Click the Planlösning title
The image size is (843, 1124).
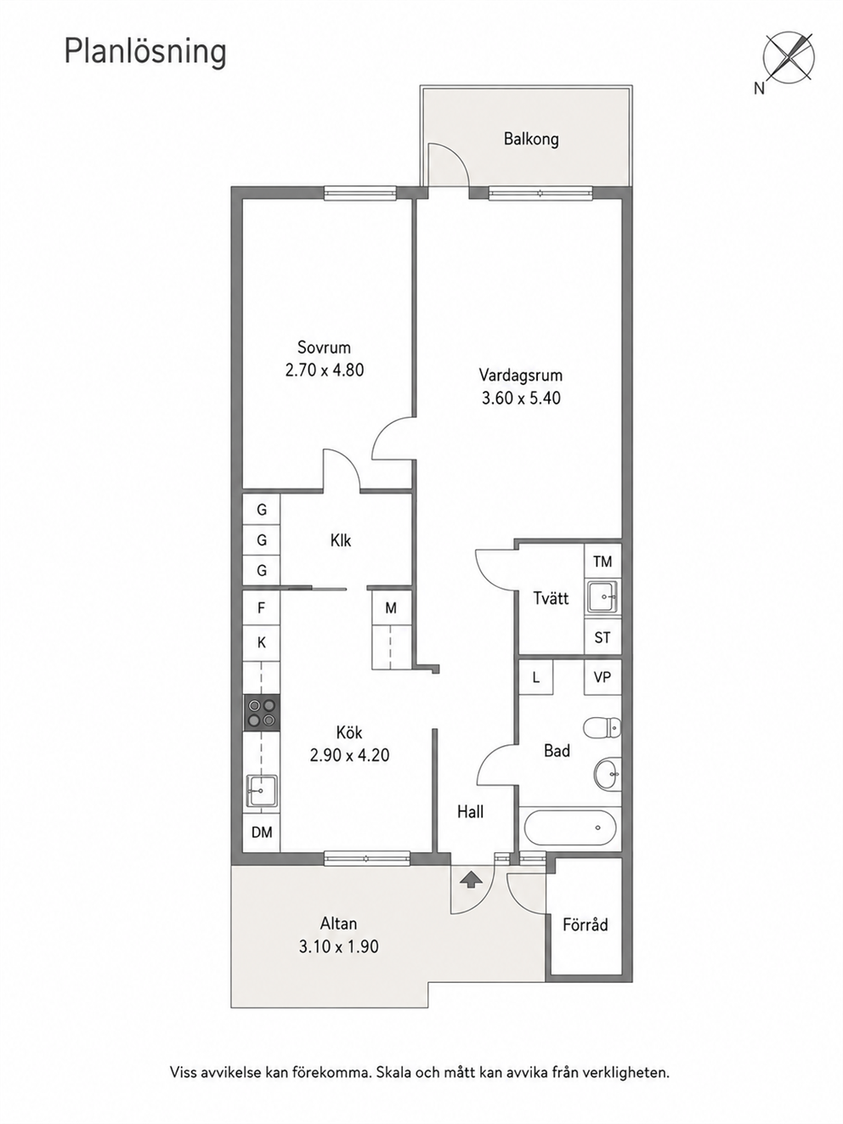tap(145, 53)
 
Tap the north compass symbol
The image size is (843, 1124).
tap(788, 59)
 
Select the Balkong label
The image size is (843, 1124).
tap(531, 138)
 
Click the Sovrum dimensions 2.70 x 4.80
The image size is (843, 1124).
tap(324, 370)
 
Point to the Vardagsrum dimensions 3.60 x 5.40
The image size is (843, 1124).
tap(521, 398)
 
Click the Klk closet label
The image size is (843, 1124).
tap(341, 540)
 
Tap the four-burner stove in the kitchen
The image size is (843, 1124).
tap(261, 712)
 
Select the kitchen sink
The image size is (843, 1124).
tap(261, 791)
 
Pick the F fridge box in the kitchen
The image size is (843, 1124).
tap(261, 607)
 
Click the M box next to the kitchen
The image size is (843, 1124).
tap(391, 607)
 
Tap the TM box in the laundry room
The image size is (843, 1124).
tap(603, 562)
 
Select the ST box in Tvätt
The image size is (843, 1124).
tap(603, 637)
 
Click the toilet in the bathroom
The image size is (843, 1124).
tap(603, 727)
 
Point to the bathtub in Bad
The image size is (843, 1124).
tap(570, 828)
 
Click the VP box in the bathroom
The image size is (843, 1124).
tap(603, 677)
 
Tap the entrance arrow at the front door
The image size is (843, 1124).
tap(471, 879)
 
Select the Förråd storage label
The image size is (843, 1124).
tap(585, 924)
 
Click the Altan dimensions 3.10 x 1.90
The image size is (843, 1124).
tap(338, 946)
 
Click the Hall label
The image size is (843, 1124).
tap(470, 811)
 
